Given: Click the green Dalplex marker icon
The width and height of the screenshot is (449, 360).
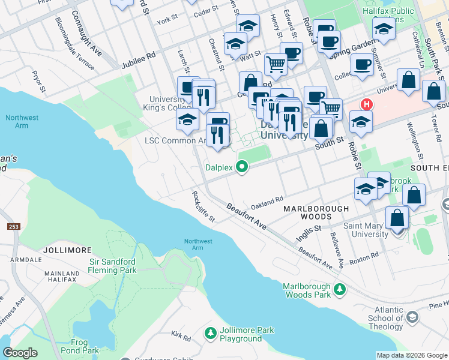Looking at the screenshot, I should [x=242, y=167].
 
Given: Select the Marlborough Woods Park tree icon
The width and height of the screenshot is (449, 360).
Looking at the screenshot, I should [x=340, y=290].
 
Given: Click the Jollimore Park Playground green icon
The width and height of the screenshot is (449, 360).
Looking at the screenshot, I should [x=210, y=332].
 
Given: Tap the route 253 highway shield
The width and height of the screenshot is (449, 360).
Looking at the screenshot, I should [x=13, y=227].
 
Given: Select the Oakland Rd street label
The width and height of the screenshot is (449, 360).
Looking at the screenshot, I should [x=267, y=202].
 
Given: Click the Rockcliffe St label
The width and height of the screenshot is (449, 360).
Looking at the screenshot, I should [x=203, y=206].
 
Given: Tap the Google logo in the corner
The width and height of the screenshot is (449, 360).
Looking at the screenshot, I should [x=20, y=353].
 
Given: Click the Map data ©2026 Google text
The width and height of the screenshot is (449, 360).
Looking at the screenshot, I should [x=412, y=355].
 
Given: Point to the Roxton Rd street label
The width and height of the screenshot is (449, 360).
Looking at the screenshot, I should [x=364, y=256].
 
